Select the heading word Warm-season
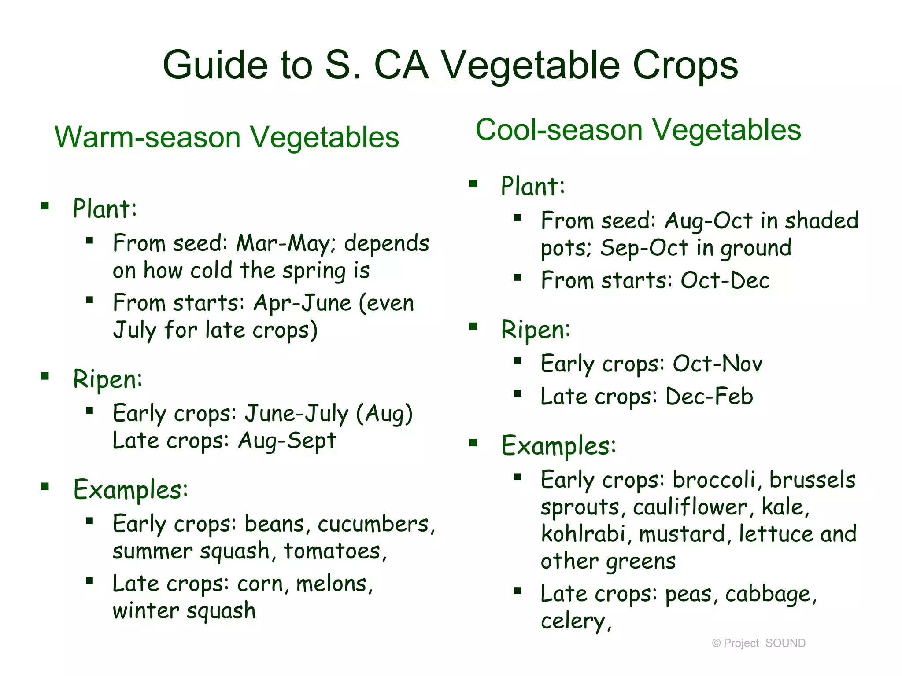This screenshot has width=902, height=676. (148, 137)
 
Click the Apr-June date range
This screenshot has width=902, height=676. (303, 303)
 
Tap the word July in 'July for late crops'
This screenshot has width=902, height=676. (134, 330)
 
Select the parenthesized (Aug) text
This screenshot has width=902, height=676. (384, 414)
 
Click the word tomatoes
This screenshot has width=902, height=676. (334, 551)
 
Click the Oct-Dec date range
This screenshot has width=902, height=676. (725, 281)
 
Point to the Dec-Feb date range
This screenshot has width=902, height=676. (709, 397)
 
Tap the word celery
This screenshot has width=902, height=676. (575, 621)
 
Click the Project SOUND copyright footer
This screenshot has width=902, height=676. (758, 643)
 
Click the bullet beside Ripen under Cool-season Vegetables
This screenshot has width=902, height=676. (473, 327)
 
